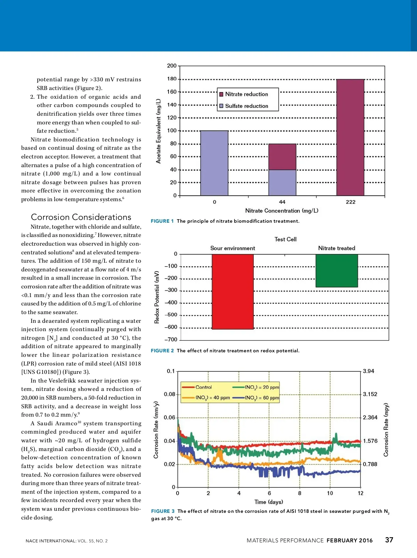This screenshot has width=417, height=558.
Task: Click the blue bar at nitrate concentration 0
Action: click(x=214, y=163)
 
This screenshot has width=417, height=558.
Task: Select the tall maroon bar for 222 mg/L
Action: click(x=350, y=137)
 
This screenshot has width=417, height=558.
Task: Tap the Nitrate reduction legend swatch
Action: click(x=221, y=94)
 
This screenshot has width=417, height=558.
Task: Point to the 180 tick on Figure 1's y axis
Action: click(x=172, y=79)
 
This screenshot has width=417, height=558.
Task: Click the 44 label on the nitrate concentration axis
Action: click(x=282, y=202)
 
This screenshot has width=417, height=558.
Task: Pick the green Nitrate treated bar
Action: click(x=336, y=271)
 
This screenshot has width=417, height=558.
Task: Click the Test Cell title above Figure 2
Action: click(x=285, y=239)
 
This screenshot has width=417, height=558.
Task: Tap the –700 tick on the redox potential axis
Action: click(x=171, y=339)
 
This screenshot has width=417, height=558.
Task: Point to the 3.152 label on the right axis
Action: click(x=370, y=394)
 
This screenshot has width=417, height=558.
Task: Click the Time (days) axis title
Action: click(x=269, y=502)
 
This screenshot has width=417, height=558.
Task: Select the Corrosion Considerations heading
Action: click(x=81, y=217)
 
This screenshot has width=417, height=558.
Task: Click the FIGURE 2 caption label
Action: click(x=162, y=351)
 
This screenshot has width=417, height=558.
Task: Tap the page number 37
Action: click(x=389, y=540)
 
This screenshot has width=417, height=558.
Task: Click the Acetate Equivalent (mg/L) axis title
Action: click(x=158, y=131)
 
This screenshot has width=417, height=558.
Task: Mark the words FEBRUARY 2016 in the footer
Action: click(x=349, y=540)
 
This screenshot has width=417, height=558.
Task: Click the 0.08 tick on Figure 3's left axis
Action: click(x=170, y=394)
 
